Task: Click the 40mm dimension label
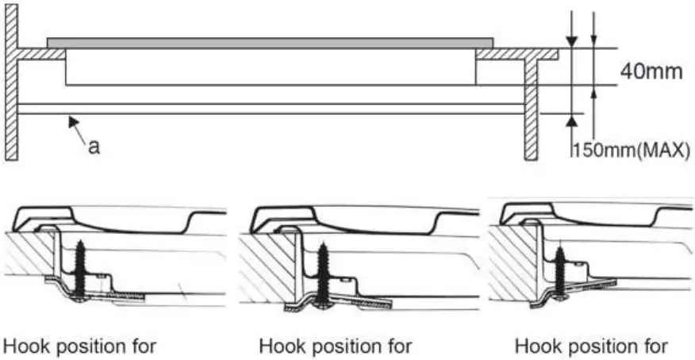point(650,72)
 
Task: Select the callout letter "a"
point(94,148)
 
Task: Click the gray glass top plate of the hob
point(270,42)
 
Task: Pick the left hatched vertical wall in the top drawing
point(11,87)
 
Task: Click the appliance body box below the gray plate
point(270,68)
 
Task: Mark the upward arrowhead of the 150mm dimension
point(570,120)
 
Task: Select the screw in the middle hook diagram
point(324,274)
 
